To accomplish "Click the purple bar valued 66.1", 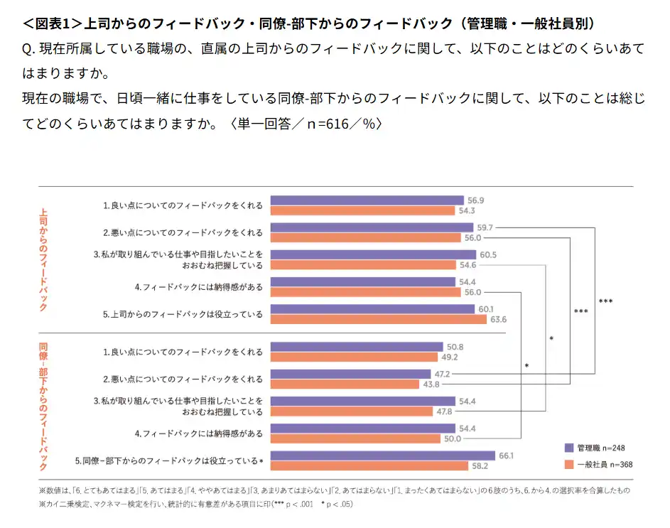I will (383, 456).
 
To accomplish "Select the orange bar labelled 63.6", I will (378, 319).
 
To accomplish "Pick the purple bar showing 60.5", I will (373, 254).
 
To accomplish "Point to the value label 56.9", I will (475, 200).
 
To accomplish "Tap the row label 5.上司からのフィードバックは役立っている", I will (183, 314).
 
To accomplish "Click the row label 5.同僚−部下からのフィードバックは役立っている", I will (169, 461).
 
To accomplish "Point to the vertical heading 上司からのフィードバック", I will (44, 259).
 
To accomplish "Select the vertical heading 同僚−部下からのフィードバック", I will (44, 407).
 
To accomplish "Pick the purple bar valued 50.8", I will (357, 347).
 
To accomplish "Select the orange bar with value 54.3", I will (363, 210).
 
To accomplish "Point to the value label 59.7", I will (485, 227).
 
